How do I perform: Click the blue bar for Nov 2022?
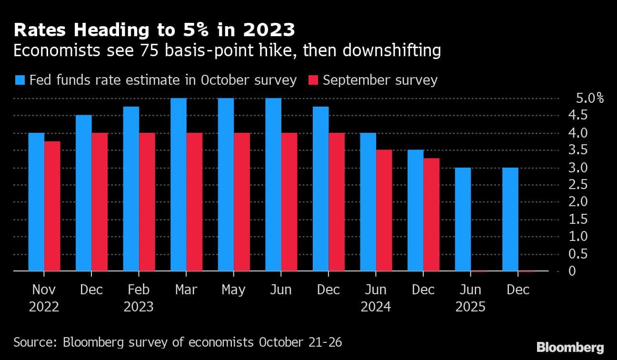pyautogui.click(x=36, y=202)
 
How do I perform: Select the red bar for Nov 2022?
pyautogui.click(x=52, y=206)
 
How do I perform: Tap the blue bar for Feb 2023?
pyautogui.click(x=131, y=189)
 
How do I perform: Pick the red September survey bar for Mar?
pyautogui.click(x=194, y=202)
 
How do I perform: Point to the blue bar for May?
pyautogui.click(x=226, y=185)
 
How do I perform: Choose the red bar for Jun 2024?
pyautogui.click(x=384, y=210)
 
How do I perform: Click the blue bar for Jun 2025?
pyautogui.click(x=463, y=219)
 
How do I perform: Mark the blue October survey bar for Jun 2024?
pyautogui.click(x=368, y=202)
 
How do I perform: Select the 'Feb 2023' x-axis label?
pyautogui.click(x=139, y=298)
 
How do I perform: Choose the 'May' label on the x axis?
pyautogui.click(x=233, y=290)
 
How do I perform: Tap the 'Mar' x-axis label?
pyautogui.click(x=186, y=290)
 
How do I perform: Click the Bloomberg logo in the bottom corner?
pyautogui.click(x=570, y=347)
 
